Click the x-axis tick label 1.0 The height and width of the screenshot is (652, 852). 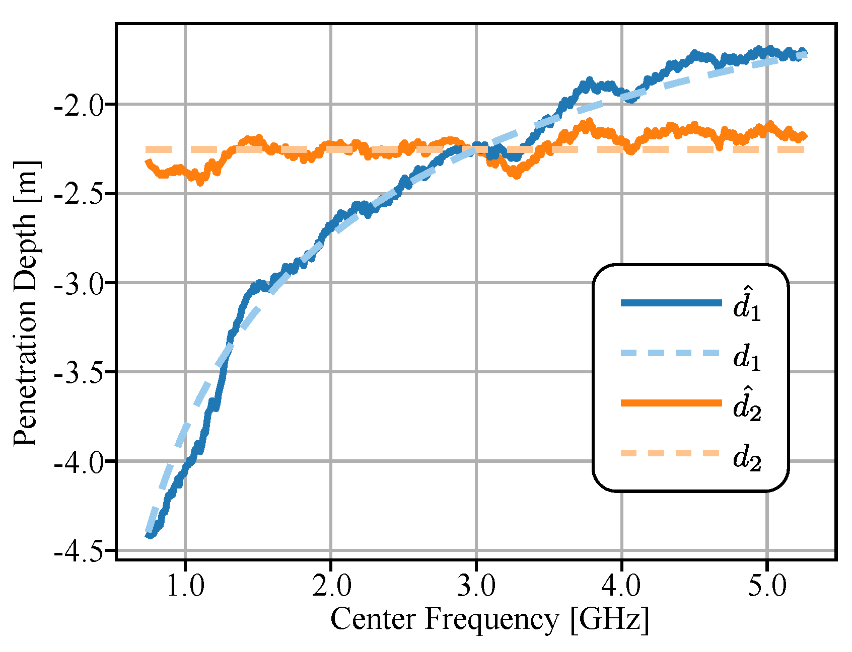(185, 586)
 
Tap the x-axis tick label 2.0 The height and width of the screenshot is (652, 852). (331, 586)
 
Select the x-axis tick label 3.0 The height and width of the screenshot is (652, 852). (476, 586)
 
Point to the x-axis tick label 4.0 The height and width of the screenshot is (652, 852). (622, 586)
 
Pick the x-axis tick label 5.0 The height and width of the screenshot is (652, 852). (767, 586)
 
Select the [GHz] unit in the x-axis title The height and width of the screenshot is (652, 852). (609, 620)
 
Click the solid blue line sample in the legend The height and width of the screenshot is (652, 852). (671, 303)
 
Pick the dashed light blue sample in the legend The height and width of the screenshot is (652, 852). (671, 353)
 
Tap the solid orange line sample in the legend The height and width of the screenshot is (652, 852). (671, 403)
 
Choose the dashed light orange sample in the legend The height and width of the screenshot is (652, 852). (671, 453)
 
